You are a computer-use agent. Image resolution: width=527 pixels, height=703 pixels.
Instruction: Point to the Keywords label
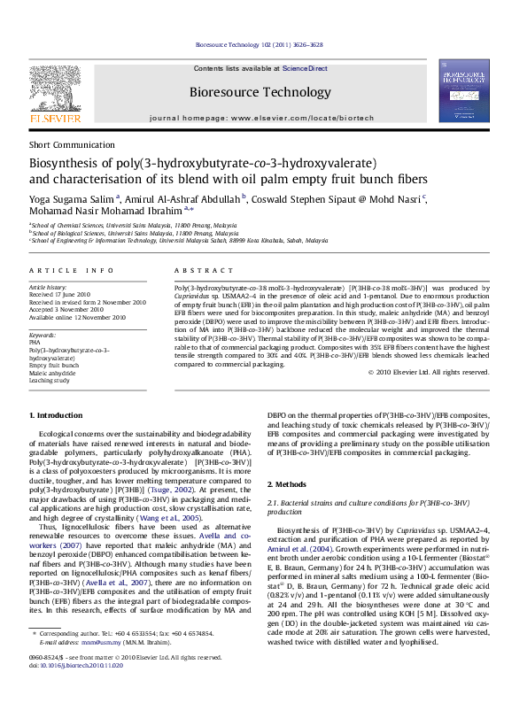pyautogui.click(x=42, y=336)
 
